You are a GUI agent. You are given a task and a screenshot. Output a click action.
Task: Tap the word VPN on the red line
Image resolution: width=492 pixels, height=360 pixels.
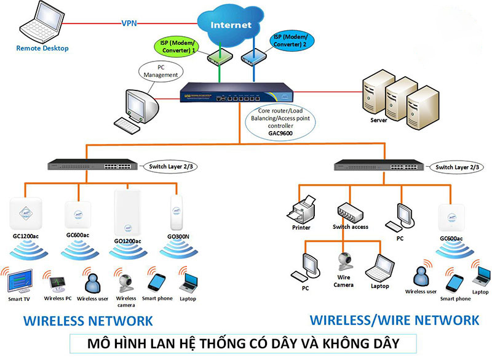(x=129, y=23)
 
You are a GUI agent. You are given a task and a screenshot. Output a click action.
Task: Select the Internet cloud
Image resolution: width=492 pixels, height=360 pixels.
(x=231, y=26)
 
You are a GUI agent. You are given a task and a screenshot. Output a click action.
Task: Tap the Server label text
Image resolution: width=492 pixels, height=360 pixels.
(x=379, y=121)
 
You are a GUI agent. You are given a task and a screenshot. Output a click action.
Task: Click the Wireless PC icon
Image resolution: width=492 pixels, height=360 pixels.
(x=58, y=284)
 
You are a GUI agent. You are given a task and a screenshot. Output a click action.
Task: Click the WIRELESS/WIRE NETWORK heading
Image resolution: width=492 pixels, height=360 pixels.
(x=394, y=320)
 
